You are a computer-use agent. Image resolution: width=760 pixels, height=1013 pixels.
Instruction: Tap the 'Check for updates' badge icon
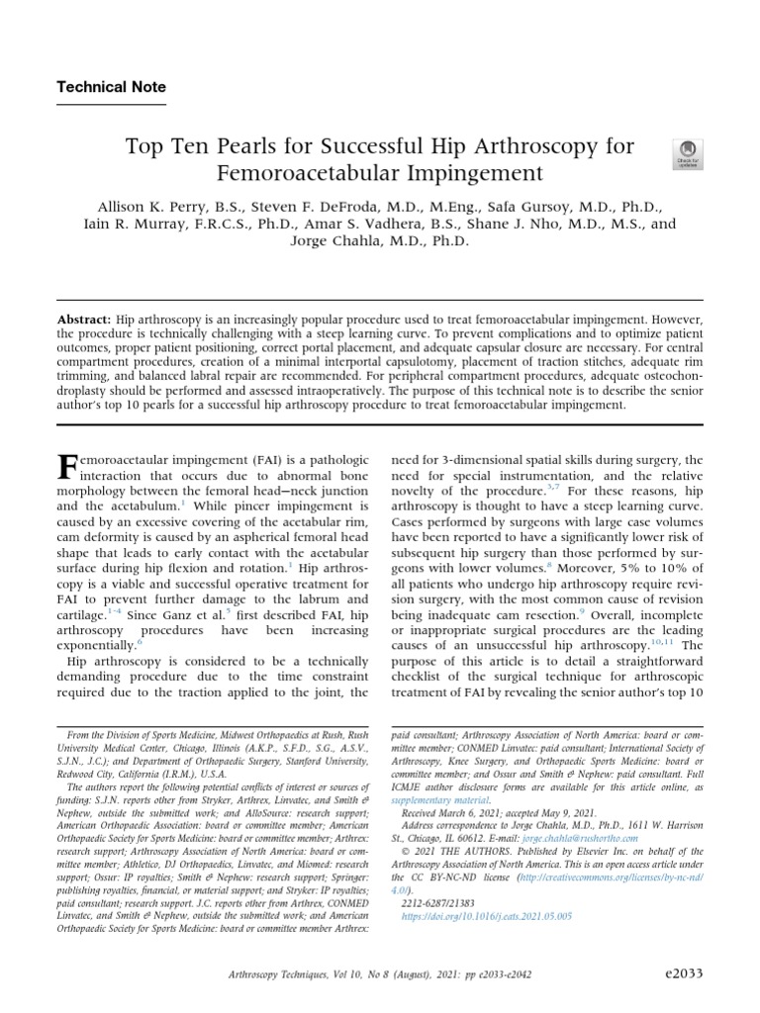(x=686, y=153)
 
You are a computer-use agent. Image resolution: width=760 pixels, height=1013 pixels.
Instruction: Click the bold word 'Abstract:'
(x=84, y=322)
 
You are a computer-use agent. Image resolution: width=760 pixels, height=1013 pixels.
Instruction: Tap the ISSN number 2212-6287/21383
(x=438, y=903)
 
